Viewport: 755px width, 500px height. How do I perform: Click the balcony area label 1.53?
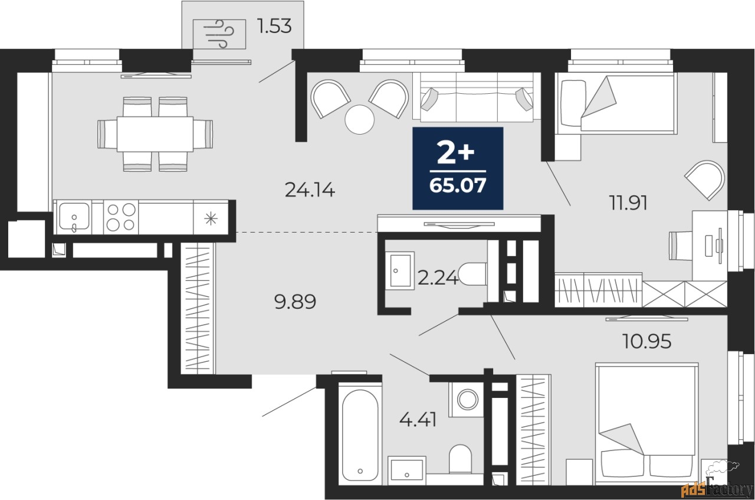[274, 27]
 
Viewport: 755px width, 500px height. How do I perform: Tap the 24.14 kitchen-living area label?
[310, 189]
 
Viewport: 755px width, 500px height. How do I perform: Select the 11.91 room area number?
[628, 203]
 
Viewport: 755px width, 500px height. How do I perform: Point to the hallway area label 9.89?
[296, 302]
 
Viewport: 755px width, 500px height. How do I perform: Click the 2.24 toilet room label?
[438, 277]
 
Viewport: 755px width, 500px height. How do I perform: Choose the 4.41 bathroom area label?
[418, 420]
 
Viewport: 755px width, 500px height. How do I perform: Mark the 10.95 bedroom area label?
[646, 341]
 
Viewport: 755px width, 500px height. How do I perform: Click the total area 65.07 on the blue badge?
[458, 185]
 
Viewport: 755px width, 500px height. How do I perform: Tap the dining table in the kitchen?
[155, 134]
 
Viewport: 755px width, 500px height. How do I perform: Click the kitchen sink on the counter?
[74, 217]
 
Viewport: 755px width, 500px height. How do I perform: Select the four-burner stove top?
[121, 217]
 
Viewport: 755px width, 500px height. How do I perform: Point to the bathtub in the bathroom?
[360, 434]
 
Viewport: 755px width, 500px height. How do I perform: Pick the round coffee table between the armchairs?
[360, 119]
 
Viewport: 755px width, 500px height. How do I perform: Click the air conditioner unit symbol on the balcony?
[219, 34]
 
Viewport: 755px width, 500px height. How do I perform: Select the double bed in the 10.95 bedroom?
[646, 424]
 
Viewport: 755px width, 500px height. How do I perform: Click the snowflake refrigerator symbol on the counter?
[211, 218]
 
